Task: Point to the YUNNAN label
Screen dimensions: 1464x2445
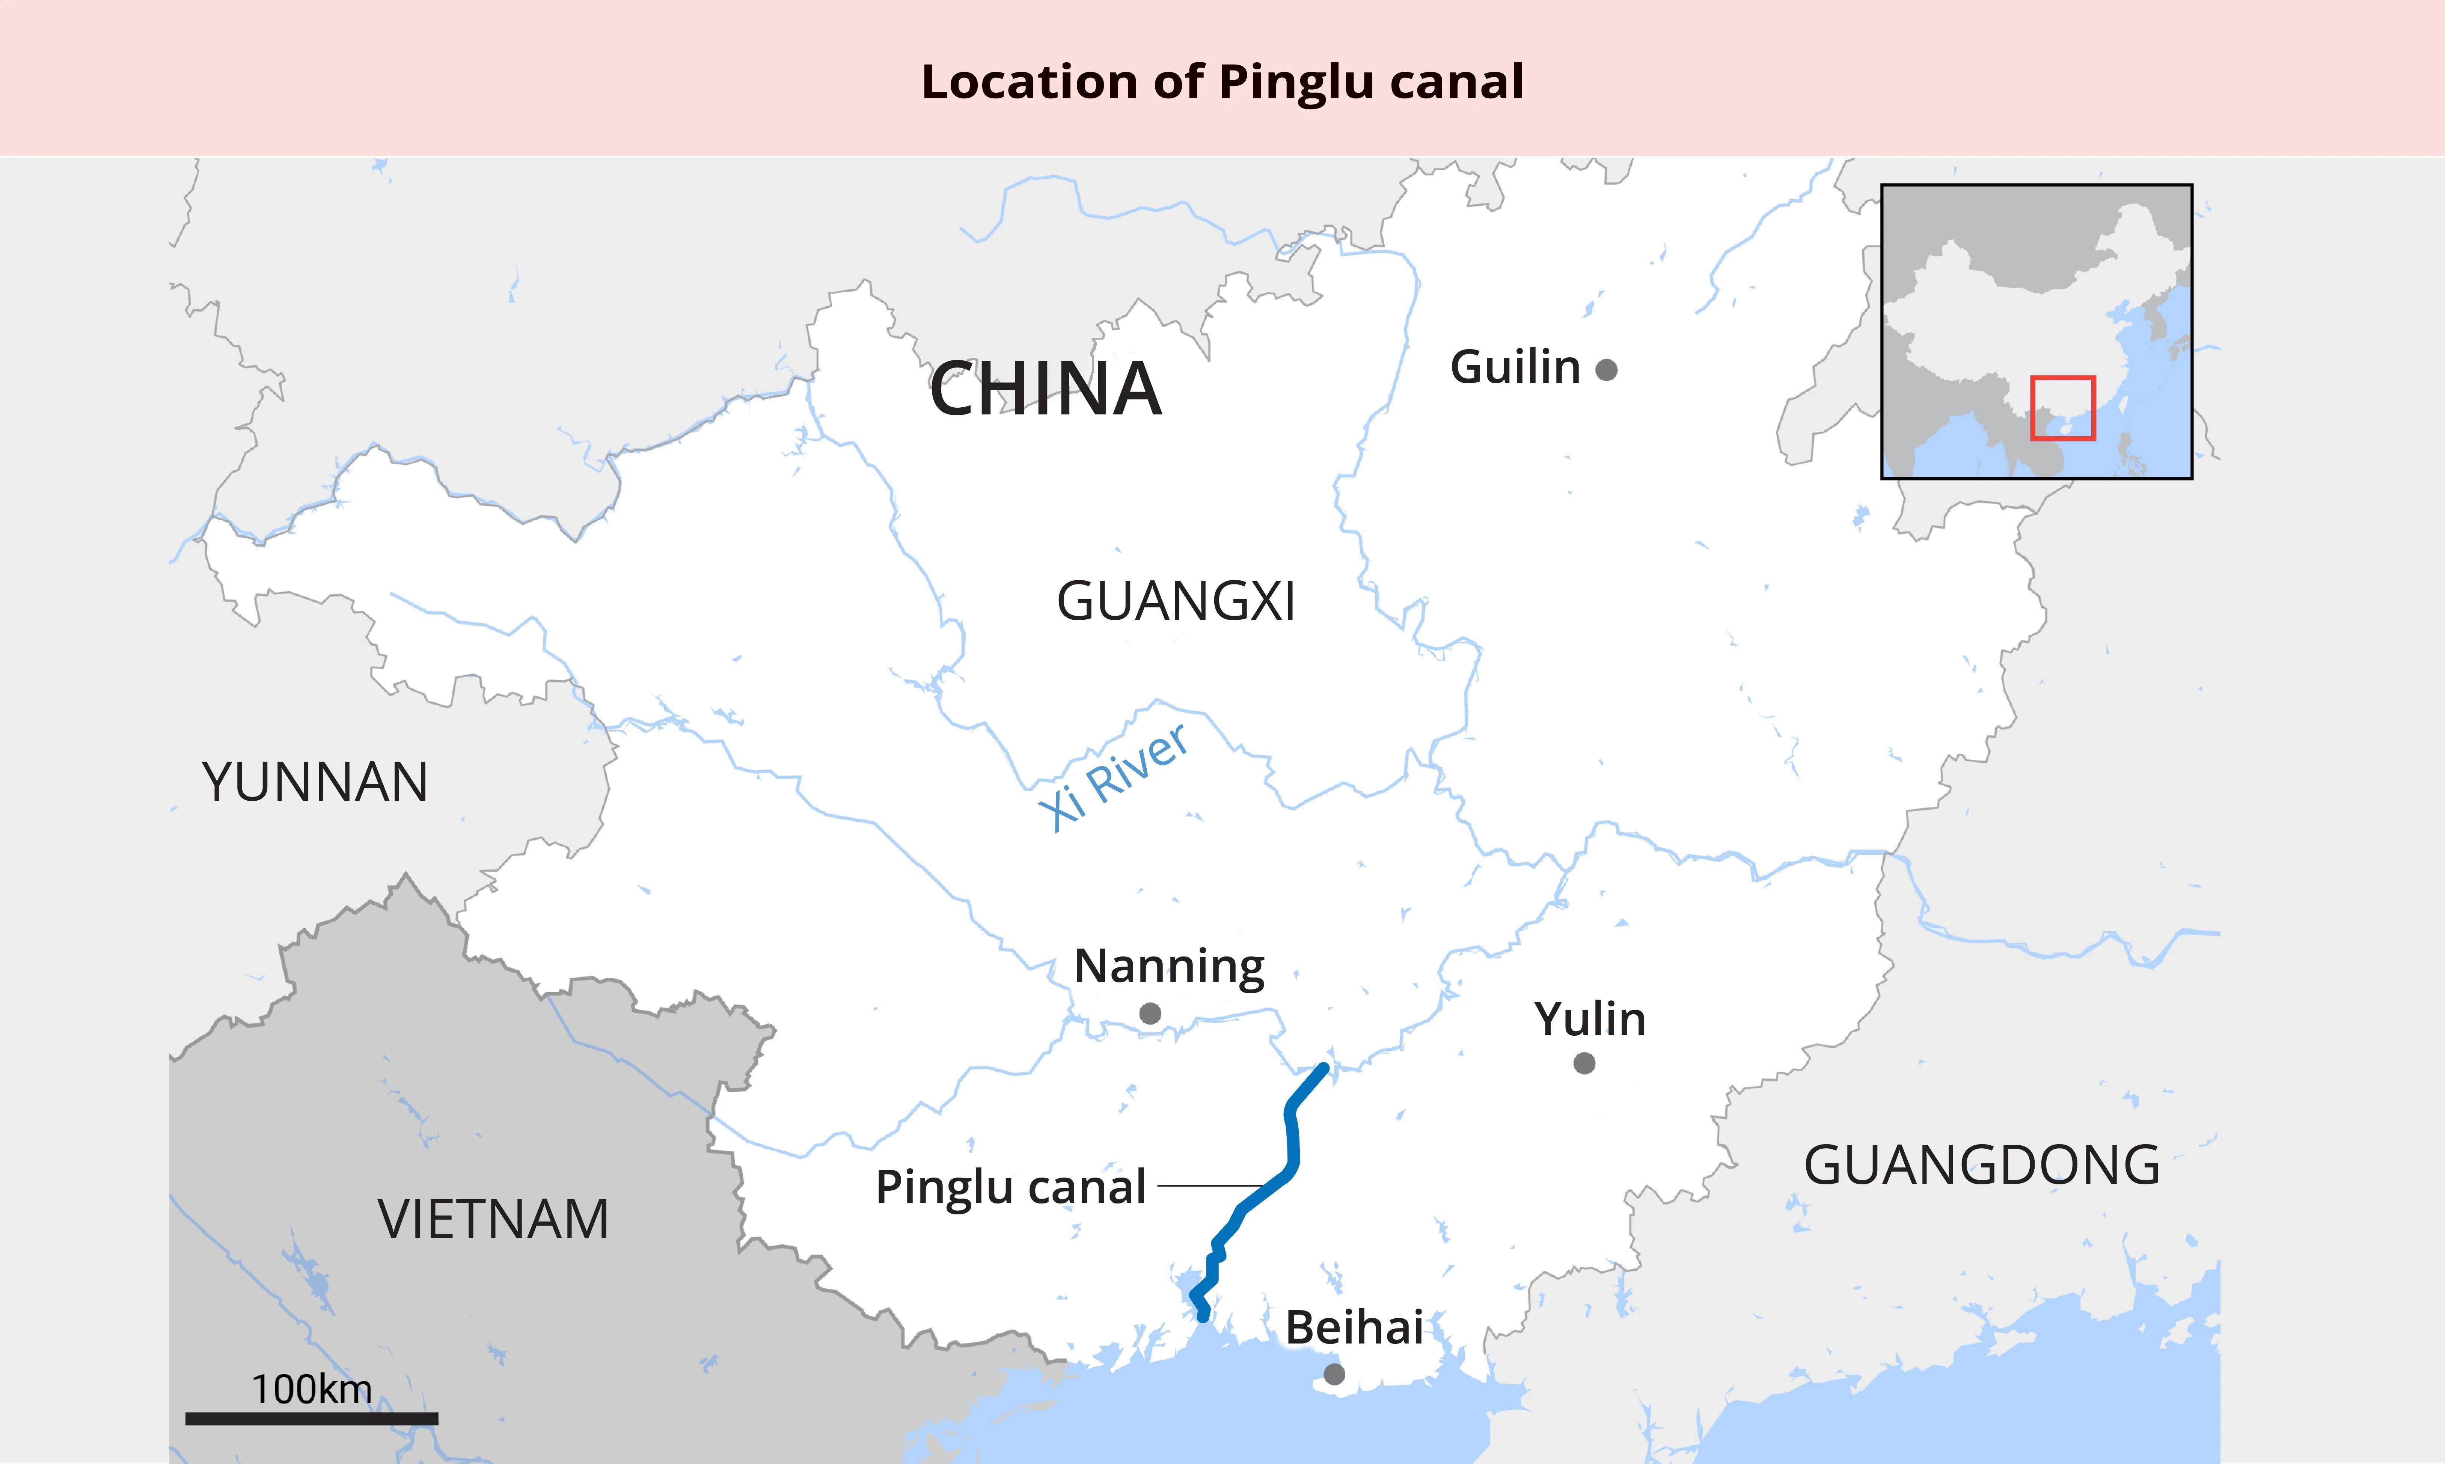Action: [x=315, y=782]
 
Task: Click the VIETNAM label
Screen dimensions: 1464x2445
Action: [x=493, y=1219]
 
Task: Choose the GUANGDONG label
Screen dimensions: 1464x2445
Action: [x=1981, y=1165]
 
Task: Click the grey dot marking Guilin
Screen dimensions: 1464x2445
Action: [x=1606, y=370]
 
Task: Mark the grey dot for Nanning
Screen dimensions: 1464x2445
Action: [x=1150, y=1013]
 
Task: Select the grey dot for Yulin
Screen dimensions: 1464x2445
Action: [x=1584, y=1063]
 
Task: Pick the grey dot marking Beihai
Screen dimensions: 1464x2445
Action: [x=1334, y=1374]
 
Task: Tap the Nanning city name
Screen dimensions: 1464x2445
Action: [x=1169, y=967]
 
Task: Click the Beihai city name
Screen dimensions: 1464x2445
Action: [x=1354, y=1328]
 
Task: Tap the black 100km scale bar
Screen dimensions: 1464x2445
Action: [x=312, y=1419]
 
